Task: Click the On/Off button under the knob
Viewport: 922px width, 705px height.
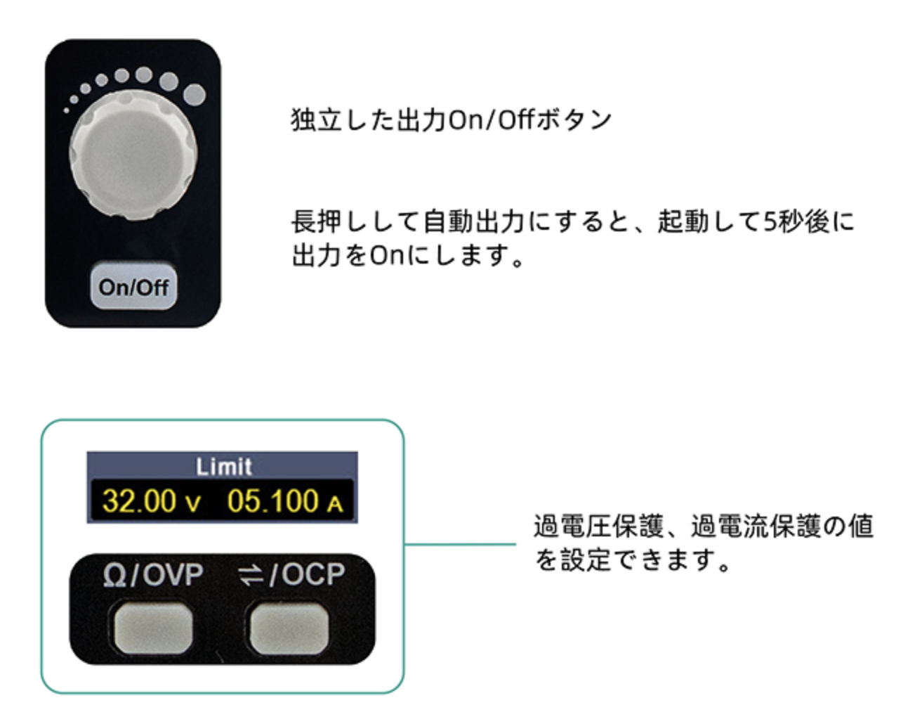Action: (133, 286)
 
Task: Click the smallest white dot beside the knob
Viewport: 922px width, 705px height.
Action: (66, 110)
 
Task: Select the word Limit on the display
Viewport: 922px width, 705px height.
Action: (223, 467)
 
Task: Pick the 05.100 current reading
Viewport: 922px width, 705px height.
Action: (272, 501)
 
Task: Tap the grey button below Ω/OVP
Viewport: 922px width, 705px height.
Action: (152, 625)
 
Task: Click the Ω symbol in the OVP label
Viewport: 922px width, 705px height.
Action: (114, 576)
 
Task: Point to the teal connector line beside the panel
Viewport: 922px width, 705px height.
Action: (460, 543)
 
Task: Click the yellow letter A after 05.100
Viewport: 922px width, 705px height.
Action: (335, 504)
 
